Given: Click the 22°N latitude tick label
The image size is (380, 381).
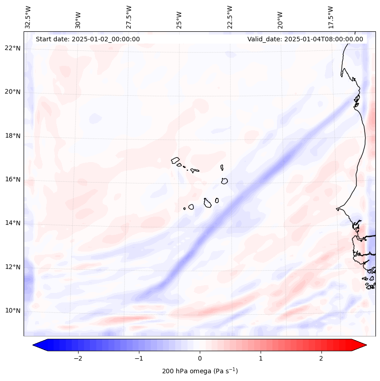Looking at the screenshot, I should tap(13, 48).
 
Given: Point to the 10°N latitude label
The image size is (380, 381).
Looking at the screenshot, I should tap(13, 311).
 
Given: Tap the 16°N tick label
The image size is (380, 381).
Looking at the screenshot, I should tap(13, 180).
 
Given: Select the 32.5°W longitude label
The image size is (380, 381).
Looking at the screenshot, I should tap(28, 17).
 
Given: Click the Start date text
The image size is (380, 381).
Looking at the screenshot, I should tap(88, 39).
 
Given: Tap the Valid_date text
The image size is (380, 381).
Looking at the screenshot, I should tap(305, 39).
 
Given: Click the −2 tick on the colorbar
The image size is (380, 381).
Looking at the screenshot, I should tap(78, 358).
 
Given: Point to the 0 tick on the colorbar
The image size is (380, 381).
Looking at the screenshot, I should tap(200, 358).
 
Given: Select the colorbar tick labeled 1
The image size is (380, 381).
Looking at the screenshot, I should tap(261, 358).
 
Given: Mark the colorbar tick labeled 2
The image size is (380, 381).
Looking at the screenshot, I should tap(321, 358).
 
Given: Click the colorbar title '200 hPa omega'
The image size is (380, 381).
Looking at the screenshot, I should tap(200, 371).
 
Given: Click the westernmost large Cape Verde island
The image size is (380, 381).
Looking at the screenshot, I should tap(176, 160).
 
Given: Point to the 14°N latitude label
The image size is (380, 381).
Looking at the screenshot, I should tap(13, 223).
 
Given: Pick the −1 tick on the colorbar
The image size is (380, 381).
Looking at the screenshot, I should tap(138, 358).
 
